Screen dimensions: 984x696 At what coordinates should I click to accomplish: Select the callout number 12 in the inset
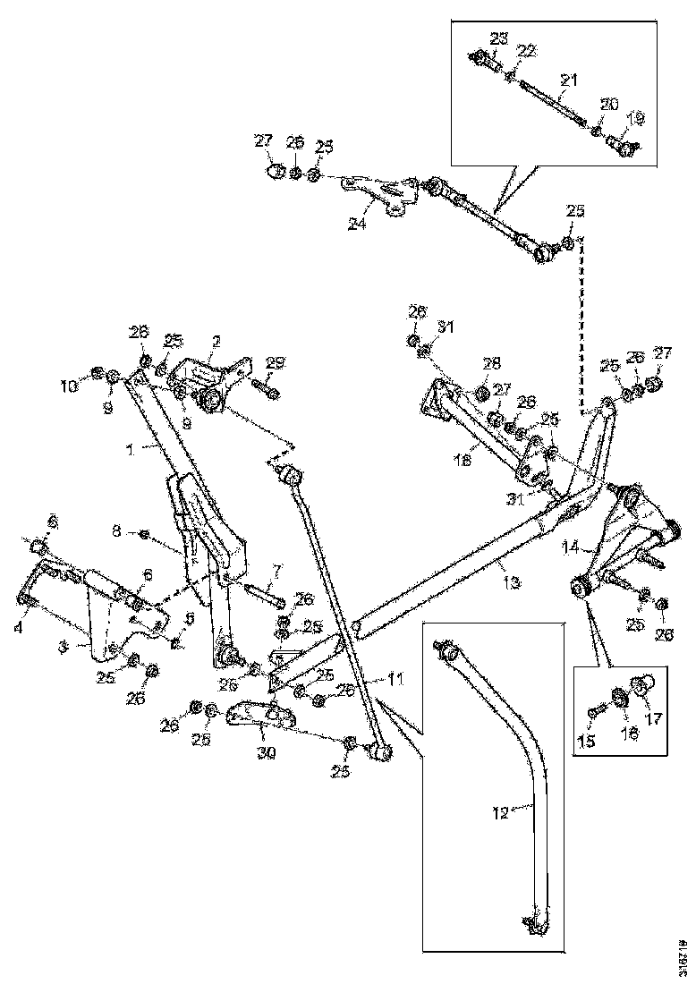tap(501, 813)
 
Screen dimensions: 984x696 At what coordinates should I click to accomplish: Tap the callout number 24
tap(357, 225)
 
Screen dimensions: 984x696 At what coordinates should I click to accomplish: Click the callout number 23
tap(498, 38)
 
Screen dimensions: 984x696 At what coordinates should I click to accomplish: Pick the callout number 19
tap(635, 117)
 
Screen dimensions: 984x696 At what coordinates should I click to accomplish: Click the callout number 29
tap(276, 362)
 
